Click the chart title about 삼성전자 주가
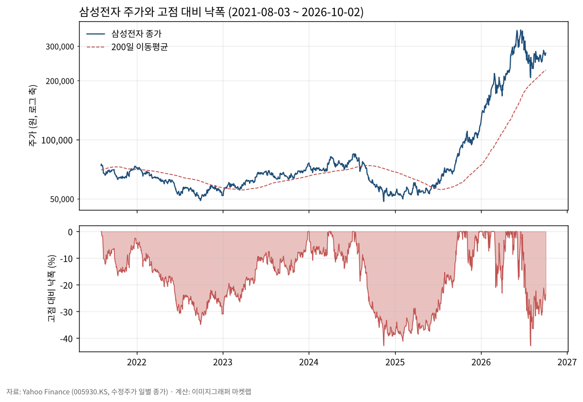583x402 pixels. pos(221,12)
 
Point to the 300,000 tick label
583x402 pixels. pos(60,47)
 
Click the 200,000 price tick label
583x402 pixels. pos(60,81)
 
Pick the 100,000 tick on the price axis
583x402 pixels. pos(57,140)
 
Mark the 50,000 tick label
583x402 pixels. pos(62,199)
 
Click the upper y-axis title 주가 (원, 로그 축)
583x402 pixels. pos(33,115)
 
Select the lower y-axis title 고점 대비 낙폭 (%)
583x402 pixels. pos(51,289)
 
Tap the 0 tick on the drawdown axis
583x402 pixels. pos(70,232)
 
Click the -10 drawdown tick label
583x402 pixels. pos(67,259)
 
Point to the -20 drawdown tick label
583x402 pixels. pos(67,286)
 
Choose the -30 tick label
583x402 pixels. pos(67,312)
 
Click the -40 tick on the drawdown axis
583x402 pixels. pos(67,339)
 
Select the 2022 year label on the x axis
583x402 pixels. pos(136,362)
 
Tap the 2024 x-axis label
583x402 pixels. pos(309,362)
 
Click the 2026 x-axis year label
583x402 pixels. pos(481,362)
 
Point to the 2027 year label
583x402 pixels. pos(567,362)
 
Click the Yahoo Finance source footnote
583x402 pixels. pos(129,392)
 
